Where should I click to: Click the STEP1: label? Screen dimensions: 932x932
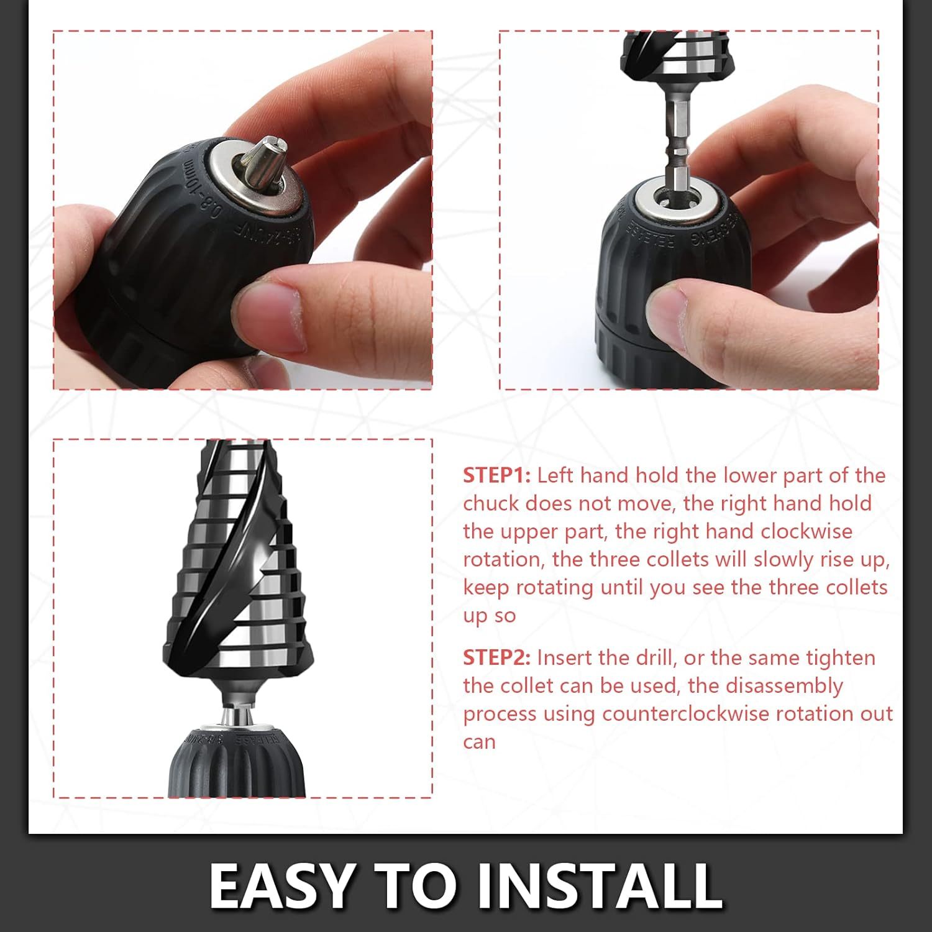[x=496, y=475]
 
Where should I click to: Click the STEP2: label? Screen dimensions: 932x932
[x=496, y=657]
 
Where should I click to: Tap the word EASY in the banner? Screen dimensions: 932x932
[x=281, y=885]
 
